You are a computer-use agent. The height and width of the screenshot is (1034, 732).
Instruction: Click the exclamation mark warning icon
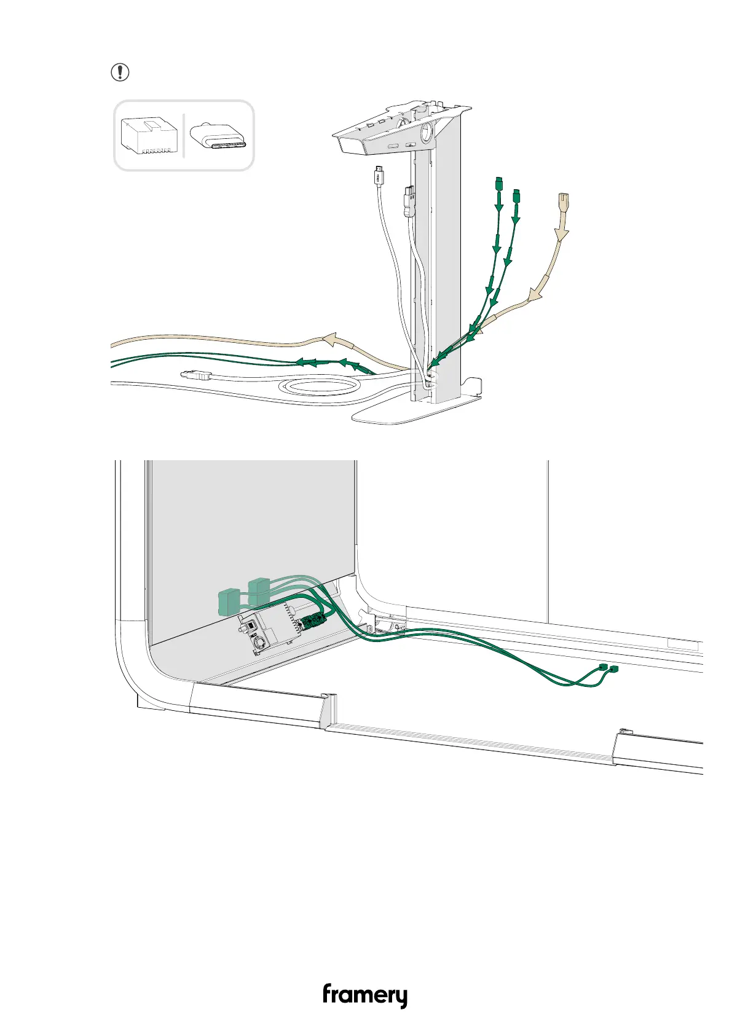pyautogui.click(x=120, y=72)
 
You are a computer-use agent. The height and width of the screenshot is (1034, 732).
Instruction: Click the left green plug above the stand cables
pyautogui.click(x=498, y=184)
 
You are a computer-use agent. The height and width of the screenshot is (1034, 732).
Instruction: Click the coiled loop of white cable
pyautogui.click(x=319, y=387)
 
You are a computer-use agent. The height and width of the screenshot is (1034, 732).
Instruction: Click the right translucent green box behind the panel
pyautogui.click(x=260, y=590)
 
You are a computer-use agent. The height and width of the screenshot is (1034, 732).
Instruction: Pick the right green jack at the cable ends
pyautogui.click(x=613, y=668)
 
